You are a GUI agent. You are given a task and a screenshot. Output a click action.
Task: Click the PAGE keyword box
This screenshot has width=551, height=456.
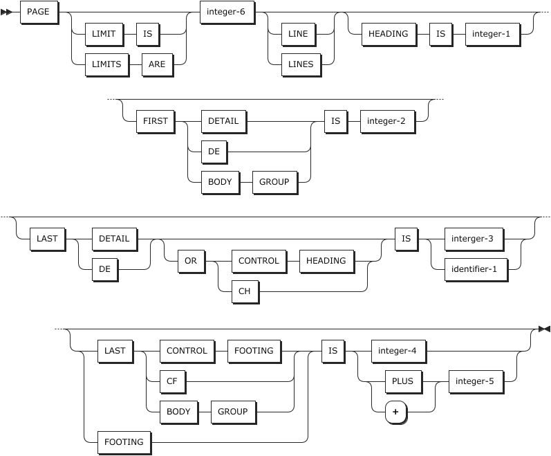[x=38, y=12]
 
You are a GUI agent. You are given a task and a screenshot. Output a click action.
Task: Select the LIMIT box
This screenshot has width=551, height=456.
[x=104, y=33]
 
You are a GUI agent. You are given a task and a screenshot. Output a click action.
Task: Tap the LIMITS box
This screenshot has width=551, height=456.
[x=107, y=64]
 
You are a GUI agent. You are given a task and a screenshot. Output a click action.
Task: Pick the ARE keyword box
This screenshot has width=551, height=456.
[x=157, y=64]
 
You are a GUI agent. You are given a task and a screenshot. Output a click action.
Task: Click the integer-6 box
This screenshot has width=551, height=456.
[x=226, y=12]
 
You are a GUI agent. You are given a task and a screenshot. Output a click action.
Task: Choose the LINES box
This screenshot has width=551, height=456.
[x=301, y=64]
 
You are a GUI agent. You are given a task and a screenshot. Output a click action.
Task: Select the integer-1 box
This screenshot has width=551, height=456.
[x=492, y=33]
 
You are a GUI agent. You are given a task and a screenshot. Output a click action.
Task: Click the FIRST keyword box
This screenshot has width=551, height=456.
[x=156, y=120]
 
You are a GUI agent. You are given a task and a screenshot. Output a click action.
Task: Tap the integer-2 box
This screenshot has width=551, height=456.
[x=391, y=120]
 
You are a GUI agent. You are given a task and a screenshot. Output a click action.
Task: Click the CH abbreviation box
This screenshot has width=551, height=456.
[x=245, y=291]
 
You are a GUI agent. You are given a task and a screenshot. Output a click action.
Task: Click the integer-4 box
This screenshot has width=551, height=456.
[x=398, y=351]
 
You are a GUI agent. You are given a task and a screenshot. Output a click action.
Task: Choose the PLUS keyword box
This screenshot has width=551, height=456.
[x=402, y=381]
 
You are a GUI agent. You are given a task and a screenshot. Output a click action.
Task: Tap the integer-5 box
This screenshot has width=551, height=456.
[x=475, y=381]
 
